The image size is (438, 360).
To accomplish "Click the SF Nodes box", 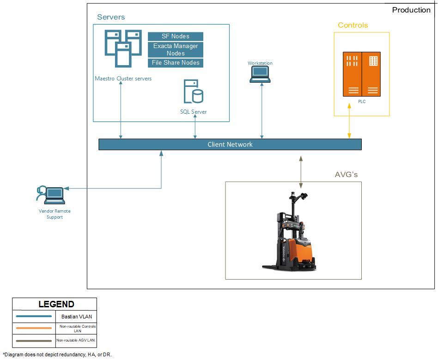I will coord(176,36).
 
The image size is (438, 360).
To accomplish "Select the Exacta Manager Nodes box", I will coord(176,49).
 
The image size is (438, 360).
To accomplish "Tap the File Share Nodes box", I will coord(176,63).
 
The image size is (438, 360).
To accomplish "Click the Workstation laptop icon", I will coord(260,74).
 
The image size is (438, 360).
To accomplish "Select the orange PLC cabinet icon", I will coord(361,74).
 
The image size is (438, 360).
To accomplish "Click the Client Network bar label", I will coord(230,145).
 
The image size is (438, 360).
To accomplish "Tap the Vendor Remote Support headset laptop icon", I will coord(50,195).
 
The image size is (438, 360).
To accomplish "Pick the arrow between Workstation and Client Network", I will coord(262,111).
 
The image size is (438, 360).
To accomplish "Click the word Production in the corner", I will coord(411,10).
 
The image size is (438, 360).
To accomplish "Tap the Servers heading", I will coord(111,17).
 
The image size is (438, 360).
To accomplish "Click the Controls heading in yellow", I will coord(353,25).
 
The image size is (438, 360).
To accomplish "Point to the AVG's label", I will coord(346,175).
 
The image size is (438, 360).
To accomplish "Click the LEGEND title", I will coord(56,304).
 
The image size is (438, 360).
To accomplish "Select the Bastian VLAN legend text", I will coord(76,317).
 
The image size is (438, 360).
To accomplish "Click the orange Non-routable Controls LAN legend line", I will coord(34,328).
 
